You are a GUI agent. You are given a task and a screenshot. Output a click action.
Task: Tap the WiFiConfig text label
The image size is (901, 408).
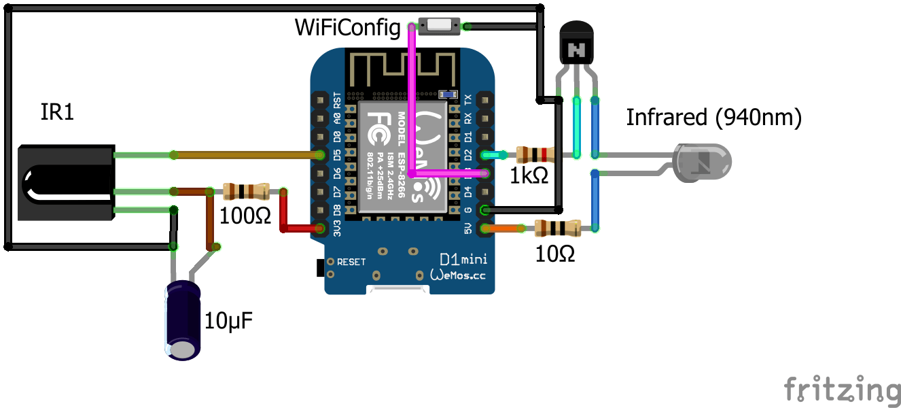click(348, 28)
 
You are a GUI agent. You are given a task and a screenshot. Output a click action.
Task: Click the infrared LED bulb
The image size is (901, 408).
click(703, 163)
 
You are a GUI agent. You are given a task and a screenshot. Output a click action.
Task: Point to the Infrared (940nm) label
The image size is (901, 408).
click(713, 118)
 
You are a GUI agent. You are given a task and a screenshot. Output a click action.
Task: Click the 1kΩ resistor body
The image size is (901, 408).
click(535, 155)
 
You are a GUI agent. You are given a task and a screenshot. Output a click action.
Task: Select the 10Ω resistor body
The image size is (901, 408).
click(556, 228)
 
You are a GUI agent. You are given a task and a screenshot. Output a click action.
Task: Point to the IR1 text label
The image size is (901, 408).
click(57, 113)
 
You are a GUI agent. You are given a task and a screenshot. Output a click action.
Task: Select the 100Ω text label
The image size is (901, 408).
click(245, 216)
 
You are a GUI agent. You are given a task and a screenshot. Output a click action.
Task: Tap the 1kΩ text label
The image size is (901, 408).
click(529, 177)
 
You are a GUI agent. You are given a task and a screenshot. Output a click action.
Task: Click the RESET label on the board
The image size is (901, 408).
click(351, 262)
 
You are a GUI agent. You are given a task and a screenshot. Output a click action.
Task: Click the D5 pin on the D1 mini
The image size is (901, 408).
click(320, 155)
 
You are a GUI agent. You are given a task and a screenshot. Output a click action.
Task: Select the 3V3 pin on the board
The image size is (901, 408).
click(320, 228)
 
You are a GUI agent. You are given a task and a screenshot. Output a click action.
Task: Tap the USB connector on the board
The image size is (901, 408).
click(398, 290)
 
